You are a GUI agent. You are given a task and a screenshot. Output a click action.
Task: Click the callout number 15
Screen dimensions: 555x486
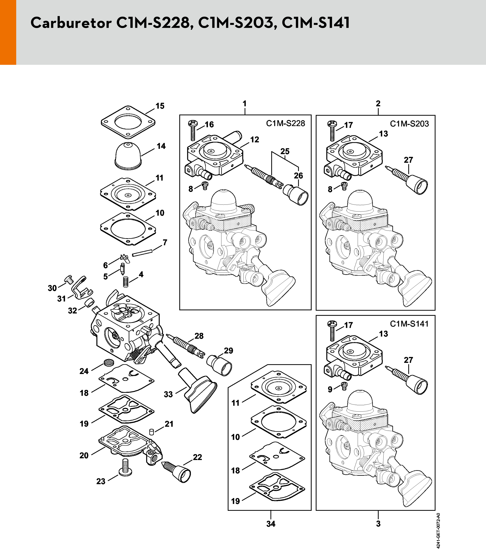point(160,106)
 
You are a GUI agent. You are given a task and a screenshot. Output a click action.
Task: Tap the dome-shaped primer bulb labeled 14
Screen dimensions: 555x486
point(128,156)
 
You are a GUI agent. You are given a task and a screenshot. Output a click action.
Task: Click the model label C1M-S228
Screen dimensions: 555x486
point(285,123)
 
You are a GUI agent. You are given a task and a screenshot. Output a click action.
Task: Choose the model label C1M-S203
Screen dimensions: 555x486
point(409,124)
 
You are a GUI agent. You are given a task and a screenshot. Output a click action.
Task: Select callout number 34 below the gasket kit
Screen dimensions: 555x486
point(271,524)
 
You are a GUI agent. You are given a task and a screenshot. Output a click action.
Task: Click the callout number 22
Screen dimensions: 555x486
point(197,457)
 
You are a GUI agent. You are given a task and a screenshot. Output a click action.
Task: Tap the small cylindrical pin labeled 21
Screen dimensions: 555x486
point(151,431)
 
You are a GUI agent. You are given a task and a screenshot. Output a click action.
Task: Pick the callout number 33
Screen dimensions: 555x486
point(168,394)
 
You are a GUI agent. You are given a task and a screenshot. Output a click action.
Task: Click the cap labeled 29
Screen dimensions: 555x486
point(219,365)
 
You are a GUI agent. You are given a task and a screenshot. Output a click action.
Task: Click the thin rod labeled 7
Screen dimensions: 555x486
point(142,253)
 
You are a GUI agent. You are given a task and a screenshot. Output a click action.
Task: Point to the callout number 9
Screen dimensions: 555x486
point(330,389)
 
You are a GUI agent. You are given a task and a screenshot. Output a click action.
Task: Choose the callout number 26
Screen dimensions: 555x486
point(298,176)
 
